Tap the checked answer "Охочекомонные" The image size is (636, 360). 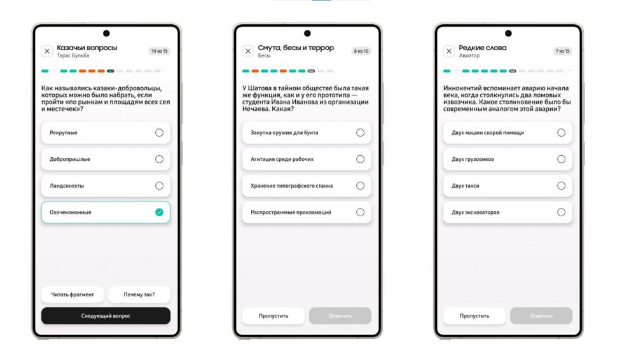tap(106, 212)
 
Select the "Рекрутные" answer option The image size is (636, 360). tap(106, 133)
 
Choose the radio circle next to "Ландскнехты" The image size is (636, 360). tap(160, 186)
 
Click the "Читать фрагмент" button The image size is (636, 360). tap(73, 294)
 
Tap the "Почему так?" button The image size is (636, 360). tap(139, 294)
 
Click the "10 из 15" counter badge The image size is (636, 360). tap(160, 51)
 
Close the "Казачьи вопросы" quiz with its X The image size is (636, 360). tap(47, 51)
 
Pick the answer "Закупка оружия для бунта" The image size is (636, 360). tap(307, 133)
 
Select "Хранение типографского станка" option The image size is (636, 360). tap(307, 186)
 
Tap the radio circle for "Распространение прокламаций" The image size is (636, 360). tap(360, 212)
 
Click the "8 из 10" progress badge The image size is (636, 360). tap(361, 51)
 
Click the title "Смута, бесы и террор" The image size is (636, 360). tap(296, 48)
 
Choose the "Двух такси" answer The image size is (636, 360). tap(508, 186)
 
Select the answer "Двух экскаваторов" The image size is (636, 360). tap(508, 212)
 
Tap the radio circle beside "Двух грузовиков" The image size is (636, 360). tap(562, 159)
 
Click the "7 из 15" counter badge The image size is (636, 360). tap(563, 51)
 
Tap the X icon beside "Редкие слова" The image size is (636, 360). tap(449, 51)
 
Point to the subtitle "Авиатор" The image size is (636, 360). tap(469, 55)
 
